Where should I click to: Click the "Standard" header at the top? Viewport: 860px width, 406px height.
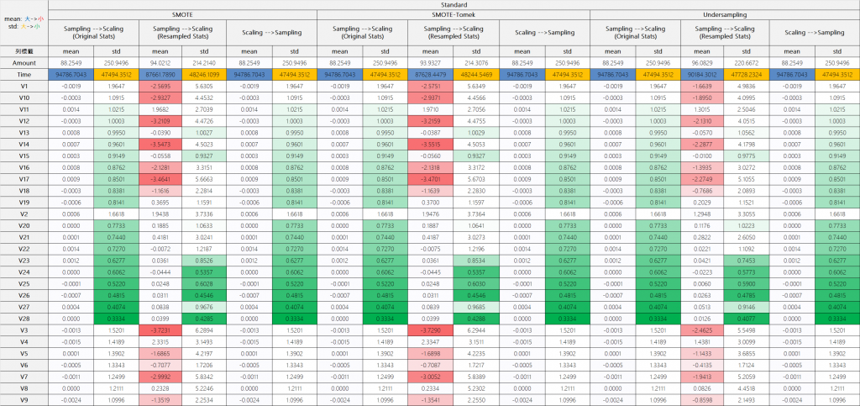click(x=453, y=4)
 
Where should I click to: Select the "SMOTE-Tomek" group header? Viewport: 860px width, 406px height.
click(x=453, y=14)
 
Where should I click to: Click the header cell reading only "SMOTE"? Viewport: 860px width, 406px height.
click(x=182, y=14)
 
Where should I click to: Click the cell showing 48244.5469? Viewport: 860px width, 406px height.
click(x=477, y=74)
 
